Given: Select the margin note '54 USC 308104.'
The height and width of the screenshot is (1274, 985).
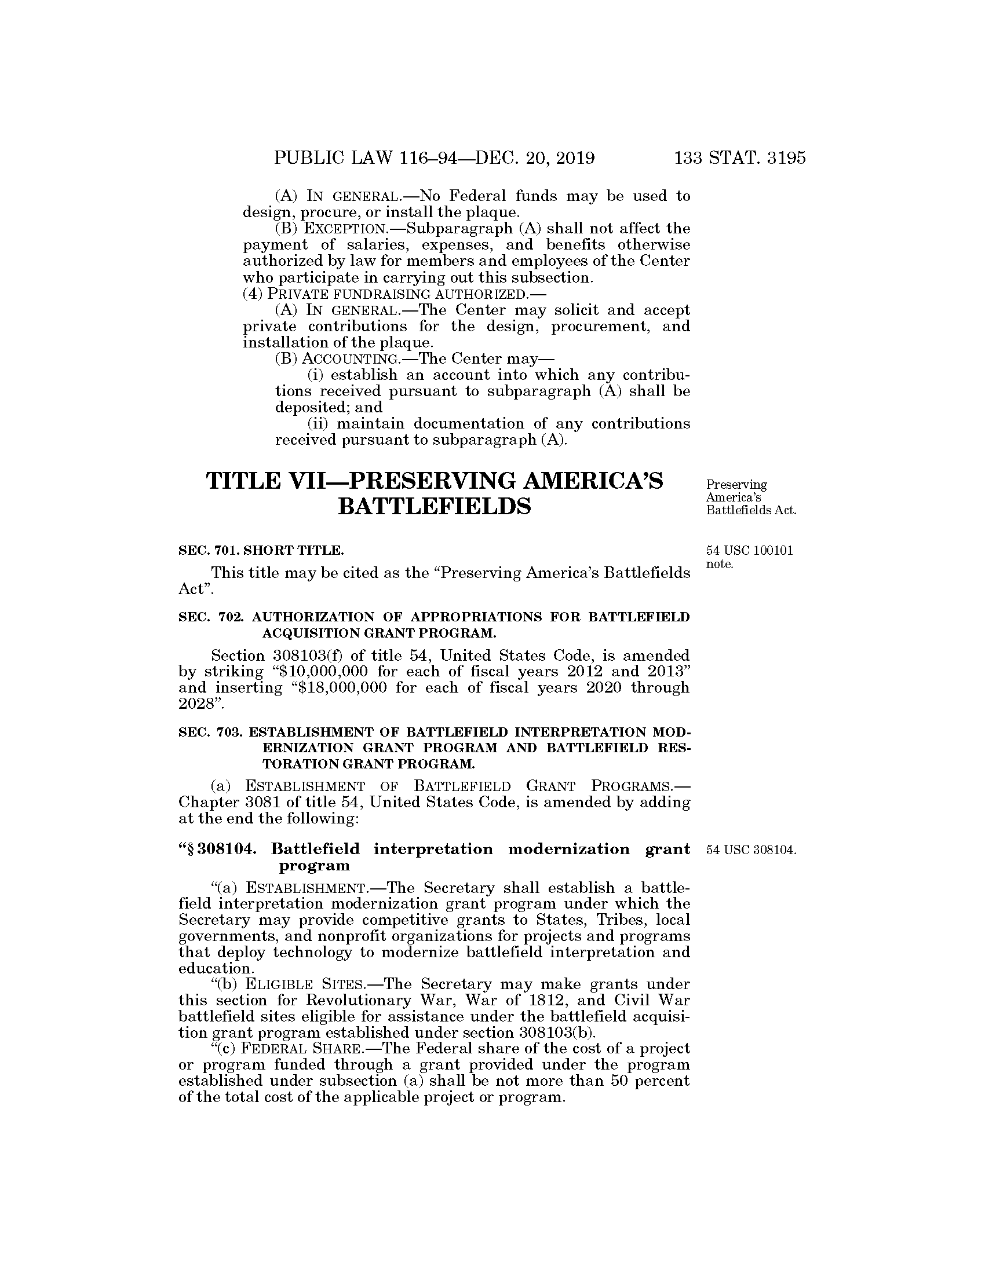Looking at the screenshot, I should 751,850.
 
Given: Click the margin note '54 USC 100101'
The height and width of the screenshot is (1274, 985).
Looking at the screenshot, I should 749,551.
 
